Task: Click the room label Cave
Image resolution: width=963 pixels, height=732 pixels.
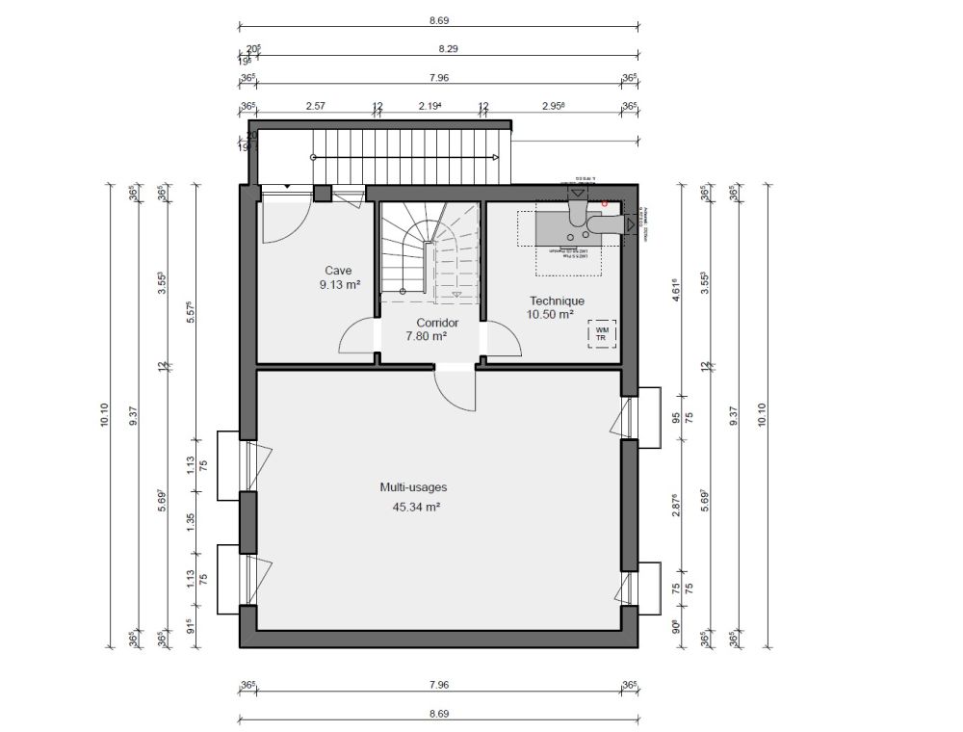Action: (337, 271)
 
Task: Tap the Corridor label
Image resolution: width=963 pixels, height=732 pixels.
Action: (436, 323)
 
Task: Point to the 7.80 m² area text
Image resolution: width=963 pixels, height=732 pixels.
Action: (425, 336)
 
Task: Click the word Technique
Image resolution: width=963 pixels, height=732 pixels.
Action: (555, 301)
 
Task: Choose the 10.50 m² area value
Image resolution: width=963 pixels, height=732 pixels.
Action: (550, 314)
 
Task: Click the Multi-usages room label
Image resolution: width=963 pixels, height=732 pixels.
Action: (412, 487)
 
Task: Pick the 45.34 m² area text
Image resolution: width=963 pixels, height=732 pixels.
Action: (410, 505)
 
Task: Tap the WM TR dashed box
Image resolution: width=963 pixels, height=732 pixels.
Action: (601, 333)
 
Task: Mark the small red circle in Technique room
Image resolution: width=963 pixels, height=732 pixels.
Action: (604, 203)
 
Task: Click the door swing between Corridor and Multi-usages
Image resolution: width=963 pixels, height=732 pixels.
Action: (454, 391)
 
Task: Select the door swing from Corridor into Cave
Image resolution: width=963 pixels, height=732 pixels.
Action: (357, 338)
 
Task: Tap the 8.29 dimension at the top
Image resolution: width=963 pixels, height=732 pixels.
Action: (448, 47)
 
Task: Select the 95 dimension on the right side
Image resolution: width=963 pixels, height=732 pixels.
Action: (676, 417)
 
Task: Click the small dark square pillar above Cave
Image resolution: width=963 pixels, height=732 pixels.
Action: (323, 194)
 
